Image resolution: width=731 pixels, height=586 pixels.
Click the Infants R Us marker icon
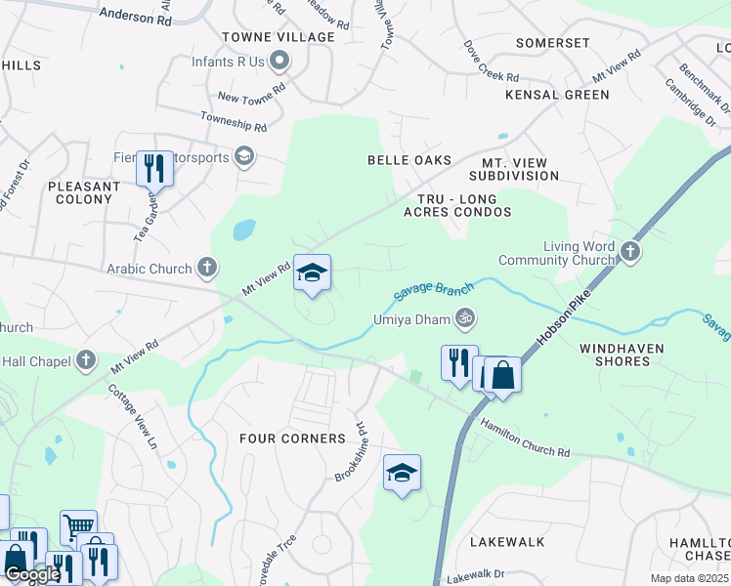pyautogui.click(x=279, y=62)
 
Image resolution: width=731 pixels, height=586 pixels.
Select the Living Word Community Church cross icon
pyautogui.click(x=630, y=253)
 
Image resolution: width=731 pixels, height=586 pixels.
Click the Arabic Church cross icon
pyautogui.click(x=206, y=266)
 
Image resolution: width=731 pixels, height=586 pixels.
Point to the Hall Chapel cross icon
pyautogui.click(x=87, y=360)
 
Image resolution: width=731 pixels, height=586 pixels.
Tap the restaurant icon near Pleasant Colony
pyautogui.click(x=154, y=168)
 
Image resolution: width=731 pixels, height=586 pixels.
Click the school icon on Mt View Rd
pyautogui.click(x=313, y=273)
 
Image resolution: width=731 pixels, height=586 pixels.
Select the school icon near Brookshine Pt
pyautogui.click(x=402, y=474)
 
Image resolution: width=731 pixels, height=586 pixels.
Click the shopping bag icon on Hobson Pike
pyautogui.click(x=502, y=375)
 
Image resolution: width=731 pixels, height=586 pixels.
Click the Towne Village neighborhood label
pyautogui.click(x=279, y=37)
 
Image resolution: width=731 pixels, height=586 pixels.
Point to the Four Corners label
pyautogui.click(x=293, y=439)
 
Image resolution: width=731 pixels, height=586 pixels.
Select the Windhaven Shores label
pyautogui.click(x=622, y=355)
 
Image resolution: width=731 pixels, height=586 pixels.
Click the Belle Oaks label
pyautogui.click(x=409, y=160)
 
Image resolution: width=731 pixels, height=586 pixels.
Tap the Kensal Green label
pyautogui.click(x=557, y=95)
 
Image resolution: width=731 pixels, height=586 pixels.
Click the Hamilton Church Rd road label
pyautogui.click(x=524, y=438)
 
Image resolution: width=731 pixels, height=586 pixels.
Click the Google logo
pyautogui.click(x=32, y=575)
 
